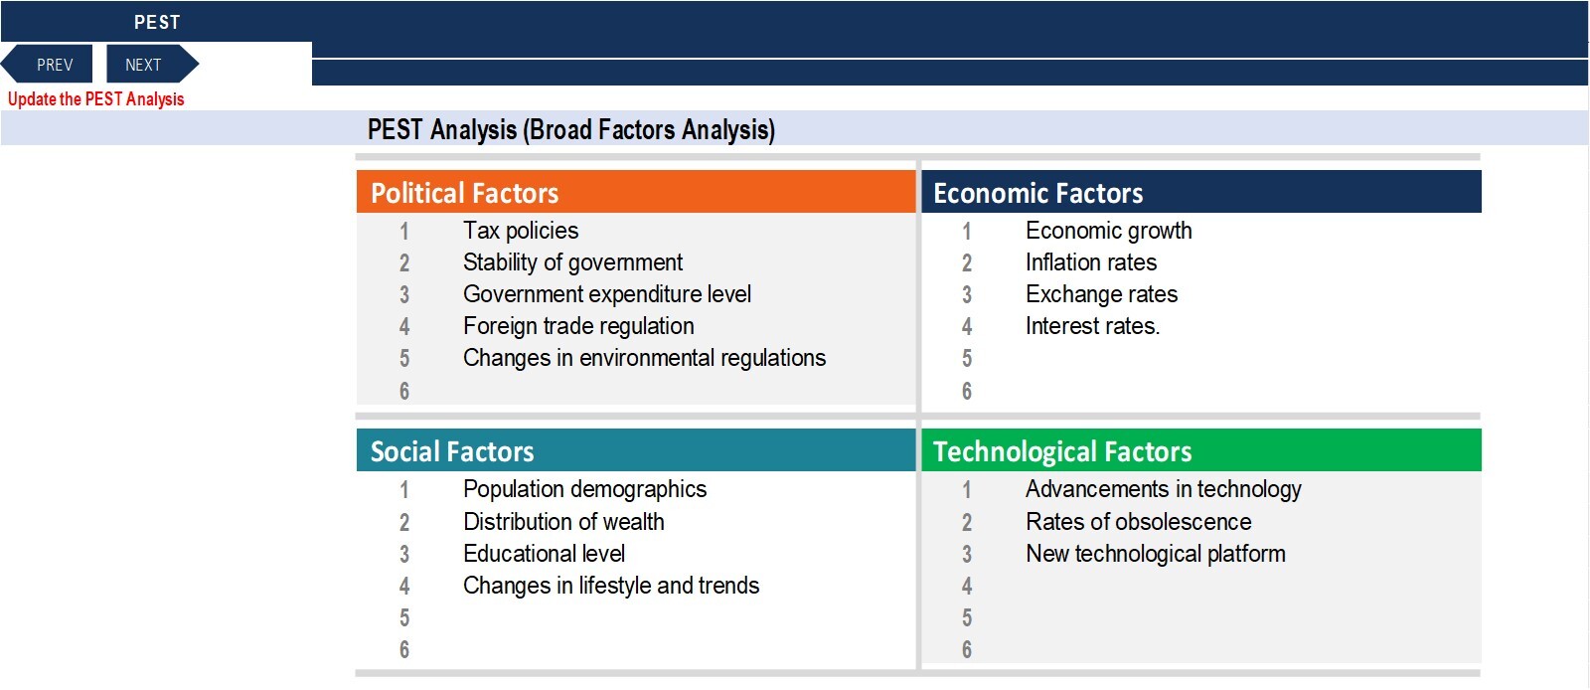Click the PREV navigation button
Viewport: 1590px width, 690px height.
[x=48, y=65]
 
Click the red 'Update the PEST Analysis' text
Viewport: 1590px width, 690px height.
[x=95, y=99]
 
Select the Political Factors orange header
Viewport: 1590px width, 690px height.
[x=636, y=192]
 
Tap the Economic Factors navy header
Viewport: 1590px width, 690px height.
[x=1201, y=192]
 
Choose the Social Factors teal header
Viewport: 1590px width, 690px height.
[x=636, y=450]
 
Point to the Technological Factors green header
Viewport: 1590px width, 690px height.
[x=1201, y=450]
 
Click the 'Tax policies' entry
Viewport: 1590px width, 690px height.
[x=521, y=231]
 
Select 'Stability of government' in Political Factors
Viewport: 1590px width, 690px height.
[x=572, y=262]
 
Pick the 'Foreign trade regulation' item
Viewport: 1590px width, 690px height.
[x=578, y=326]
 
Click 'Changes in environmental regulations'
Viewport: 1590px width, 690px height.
[x=644, y=358]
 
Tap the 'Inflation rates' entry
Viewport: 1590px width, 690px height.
[x=1091, y=262]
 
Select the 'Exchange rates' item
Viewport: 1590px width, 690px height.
[x=1101, y=294]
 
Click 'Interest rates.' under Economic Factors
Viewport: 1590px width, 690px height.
[x=1092, y=326]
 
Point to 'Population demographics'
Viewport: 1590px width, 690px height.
[x=584, y=489]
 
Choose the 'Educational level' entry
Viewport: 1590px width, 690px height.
[x=544, y=554]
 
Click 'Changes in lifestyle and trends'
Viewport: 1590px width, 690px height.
[x=610, y=586]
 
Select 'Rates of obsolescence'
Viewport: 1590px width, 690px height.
[x=1138, y=522]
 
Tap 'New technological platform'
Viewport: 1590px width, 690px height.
[x=1155, y=554]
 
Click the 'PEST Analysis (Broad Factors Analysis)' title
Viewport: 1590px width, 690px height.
[x=570, y=130]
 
